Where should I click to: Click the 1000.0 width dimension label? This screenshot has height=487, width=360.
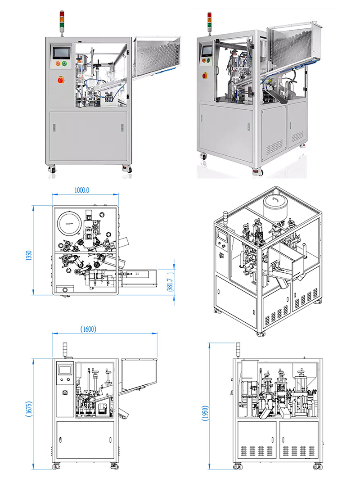click(x=82, y=190)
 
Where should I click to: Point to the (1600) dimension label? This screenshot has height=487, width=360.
click(x=88, y=329)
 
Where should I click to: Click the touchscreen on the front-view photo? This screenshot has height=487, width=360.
click(x=62, y=52)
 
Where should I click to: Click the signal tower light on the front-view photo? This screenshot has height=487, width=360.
click(x=62, y=19)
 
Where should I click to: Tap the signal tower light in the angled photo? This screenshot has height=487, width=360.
click(x=209, y=20)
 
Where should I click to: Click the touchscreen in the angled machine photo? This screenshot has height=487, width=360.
click(x=207, y=50)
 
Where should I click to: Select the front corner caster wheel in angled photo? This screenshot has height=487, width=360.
click(x=257, y=171)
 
